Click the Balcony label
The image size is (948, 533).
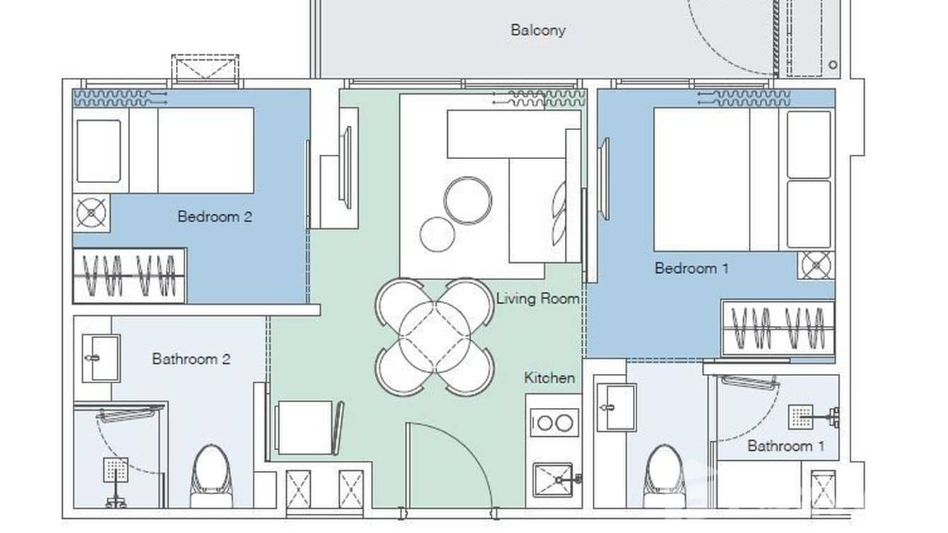(538, 30)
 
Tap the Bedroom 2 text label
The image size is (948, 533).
(215, 216)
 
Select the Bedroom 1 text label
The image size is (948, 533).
(692, 269)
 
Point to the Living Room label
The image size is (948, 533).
(538, 298)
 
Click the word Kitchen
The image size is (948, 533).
(549, 378)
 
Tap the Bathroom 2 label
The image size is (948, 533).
(191, 359)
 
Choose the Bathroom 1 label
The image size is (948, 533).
(786, 446)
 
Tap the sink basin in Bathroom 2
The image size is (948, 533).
(100, 358)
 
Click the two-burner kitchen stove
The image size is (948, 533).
(553, 423)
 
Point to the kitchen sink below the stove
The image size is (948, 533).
(553, 480)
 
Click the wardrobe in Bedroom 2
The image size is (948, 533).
(129, 276)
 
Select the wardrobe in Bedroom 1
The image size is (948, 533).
(777, 329)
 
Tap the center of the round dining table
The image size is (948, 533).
(434, 336)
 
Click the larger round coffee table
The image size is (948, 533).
(468, 201)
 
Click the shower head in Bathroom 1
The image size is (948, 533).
(801, 416)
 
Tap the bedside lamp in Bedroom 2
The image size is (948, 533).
(91, 213)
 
